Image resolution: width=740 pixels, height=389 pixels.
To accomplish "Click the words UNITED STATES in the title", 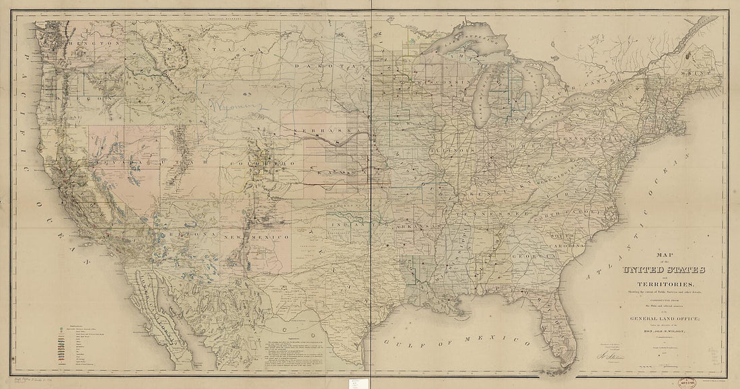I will pyautogui.click(x=664, y=271).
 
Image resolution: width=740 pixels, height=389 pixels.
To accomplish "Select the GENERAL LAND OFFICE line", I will pyautogui.click(x=663, y=320).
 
